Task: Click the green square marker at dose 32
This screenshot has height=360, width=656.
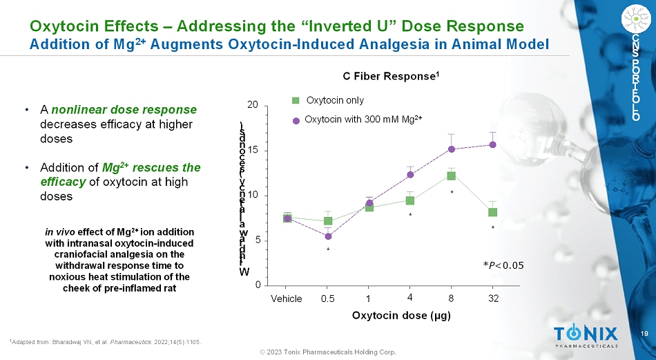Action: coord(493,212)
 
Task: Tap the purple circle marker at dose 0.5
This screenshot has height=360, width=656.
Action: coord(328,236)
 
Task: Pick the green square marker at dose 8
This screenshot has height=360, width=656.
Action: coord(452,176)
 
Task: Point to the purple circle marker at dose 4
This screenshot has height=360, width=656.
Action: coord(410,174)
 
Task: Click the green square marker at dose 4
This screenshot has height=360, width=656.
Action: coord(410,200)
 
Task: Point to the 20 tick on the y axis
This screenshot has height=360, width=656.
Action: coord(254,105)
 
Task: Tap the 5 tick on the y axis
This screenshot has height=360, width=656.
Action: coord(257,240)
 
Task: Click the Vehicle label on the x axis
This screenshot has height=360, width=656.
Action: coord(287,299)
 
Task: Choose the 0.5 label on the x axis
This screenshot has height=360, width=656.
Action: coord(328,299)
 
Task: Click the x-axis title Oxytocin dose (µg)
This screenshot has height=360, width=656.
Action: coord(392,316)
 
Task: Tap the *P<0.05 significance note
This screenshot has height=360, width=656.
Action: coord(503,265)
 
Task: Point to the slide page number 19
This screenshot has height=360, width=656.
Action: coord(644,334)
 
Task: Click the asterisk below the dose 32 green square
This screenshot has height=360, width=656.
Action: coord(493,227)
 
